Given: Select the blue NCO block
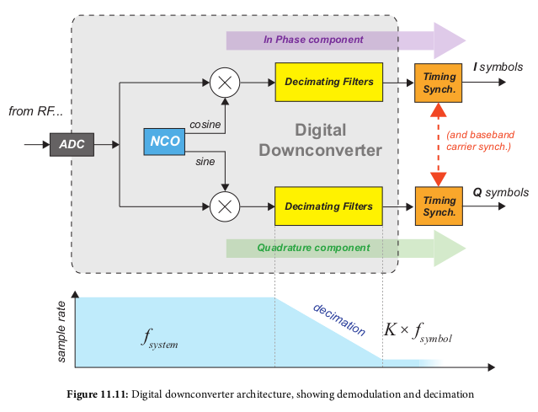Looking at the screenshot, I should point(164,142).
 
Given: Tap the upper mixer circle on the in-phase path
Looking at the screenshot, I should point(225,83).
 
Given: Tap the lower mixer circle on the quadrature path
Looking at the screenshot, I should point(225,206).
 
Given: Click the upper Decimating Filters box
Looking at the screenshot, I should point(328,83).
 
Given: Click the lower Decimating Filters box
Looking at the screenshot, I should point(328,206).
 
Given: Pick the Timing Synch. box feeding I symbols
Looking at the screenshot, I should point(438,83).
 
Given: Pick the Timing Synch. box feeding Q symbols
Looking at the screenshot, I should point(438,206).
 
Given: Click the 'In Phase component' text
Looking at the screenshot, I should point(313,40).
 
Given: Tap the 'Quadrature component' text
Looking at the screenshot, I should point(313,248).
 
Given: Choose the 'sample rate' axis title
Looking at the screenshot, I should point(61,328).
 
